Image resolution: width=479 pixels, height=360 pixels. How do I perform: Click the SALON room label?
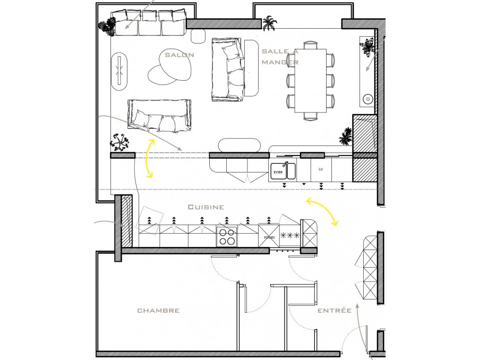(x=179, y=55)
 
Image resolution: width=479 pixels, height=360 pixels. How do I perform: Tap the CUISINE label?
(x=206, y=207)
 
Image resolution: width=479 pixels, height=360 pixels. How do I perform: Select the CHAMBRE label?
(x=158, y=311)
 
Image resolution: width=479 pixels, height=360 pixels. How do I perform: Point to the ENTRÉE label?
(x=335, y=310)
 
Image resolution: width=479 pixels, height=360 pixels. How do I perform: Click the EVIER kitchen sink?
(x=283, y=171)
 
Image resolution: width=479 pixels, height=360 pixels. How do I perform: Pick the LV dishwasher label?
(x=320, y=169)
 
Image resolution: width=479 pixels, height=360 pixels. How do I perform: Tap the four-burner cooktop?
(x=227, y=237)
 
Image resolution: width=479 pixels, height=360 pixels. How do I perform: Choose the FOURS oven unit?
(x=269, y=236)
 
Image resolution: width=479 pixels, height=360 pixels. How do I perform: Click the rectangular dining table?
(x=310, y=81)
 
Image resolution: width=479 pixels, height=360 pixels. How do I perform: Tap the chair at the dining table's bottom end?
(x=311, y=116)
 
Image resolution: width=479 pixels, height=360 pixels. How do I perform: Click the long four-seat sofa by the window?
(x=149, y=23)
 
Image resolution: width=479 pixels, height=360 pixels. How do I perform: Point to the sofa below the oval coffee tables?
(x=159, y=116)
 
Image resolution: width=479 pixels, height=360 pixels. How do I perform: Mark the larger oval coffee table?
(x=175, y=64)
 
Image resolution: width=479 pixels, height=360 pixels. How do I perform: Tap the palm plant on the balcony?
(x=269, y=23)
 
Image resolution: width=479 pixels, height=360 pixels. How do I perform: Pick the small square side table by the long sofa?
(x=198, y=36)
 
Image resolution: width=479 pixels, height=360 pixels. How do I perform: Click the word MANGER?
(x=280, y=62)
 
